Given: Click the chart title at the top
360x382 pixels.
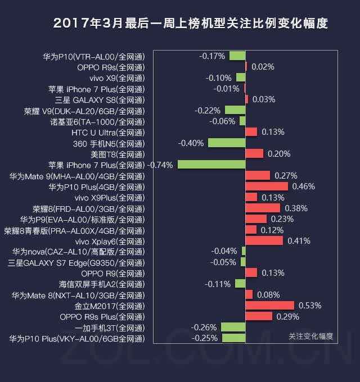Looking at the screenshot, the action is pyautogui.click(x=190, y=24).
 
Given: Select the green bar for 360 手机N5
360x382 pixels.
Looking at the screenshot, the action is pyautogui.click(x=227, y=143).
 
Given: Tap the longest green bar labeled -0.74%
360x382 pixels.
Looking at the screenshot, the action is pyautogui.click(x=211, y=165).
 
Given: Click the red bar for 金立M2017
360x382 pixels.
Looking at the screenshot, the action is pyautogui.click(x=270, y=306).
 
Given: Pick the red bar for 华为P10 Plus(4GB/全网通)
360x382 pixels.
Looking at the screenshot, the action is pyautogui.click(x=267, y=187).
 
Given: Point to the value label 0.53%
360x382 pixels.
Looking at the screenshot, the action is pyautogui.click(x=310, y=306).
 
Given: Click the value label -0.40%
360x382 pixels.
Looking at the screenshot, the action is pyautogui.click(x=191, y=143).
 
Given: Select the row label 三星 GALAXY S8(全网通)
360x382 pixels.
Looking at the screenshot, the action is pyautogui.click(x=100, y=100).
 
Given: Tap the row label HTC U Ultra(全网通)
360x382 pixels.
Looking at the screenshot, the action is pyautogui.click(x=108, y=133).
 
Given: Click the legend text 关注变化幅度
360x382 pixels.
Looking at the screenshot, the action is pyautogui.click(x=310, y=336).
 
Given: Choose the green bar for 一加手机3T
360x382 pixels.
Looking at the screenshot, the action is pyautogui.click(x=233, y=327).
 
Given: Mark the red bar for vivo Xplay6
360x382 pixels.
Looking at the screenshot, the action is pyautogui.click(x=264, y=240).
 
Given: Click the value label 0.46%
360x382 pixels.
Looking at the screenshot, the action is pyautogui.click(x=303, y=187).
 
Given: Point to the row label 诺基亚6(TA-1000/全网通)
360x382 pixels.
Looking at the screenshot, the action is pyautogui.click(x=97, y=122).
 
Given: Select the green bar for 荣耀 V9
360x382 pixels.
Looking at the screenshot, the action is pyautogui.click(x=235, y=110).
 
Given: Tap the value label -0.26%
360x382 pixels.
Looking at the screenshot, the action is pyautogui.click(x=204, y=328).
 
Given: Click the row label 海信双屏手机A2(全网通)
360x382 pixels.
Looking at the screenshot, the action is pyautogui.click(x=102, y=284).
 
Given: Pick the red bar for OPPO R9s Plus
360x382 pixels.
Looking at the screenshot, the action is pyautogui.click(x=259, y=316).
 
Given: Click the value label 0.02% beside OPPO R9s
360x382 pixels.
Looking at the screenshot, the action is pyautogui.click(x=263, y=67).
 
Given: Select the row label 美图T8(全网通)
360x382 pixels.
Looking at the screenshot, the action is pyautogui.click(x=118, y=154).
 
